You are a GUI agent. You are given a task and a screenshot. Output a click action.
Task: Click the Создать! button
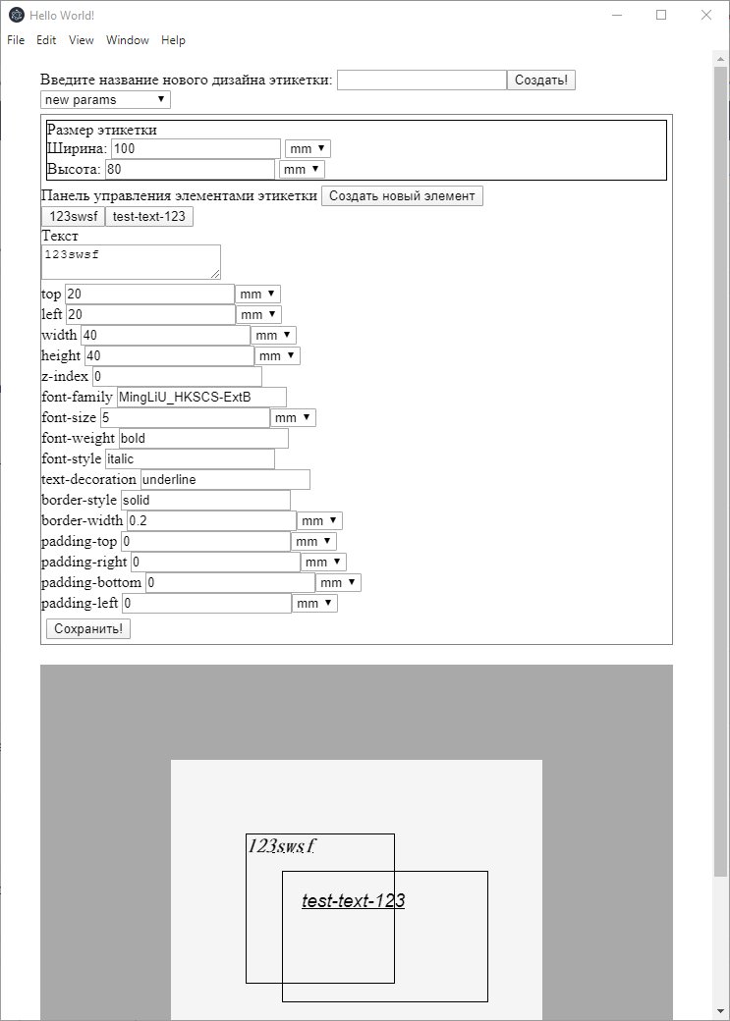(541, 81)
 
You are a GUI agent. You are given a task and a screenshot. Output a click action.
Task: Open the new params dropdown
(105, 100)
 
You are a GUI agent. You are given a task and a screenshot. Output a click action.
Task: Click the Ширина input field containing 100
(196, 148)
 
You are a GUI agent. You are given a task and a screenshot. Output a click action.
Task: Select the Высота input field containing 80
(189, 169)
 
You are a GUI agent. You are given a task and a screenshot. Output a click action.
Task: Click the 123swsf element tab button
(73, 217)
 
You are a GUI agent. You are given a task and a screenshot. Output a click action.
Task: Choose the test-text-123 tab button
(149, 217)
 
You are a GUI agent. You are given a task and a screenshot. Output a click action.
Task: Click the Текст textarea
(131, 261)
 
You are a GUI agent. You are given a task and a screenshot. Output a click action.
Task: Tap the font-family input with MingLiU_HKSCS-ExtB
(201, 397)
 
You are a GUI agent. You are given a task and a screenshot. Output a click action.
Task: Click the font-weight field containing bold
(203, 438)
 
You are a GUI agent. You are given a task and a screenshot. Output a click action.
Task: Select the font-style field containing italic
(190, 458)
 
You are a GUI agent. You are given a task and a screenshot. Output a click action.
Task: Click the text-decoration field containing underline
(225, 479)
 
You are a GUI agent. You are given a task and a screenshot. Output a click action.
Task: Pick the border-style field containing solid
(205, 500)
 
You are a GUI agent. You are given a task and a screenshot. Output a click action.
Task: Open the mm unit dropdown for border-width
(320, 520)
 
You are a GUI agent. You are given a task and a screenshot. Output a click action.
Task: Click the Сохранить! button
(88, 628)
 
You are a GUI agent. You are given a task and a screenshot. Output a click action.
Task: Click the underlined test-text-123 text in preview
(353, 900)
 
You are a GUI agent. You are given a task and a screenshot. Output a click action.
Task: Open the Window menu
(128, 40)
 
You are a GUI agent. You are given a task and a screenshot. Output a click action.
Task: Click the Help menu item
(173, 40)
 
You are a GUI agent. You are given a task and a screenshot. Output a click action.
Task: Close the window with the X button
(706, 15)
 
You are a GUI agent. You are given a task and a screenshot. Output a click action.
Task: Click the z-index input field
(177, 376)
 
